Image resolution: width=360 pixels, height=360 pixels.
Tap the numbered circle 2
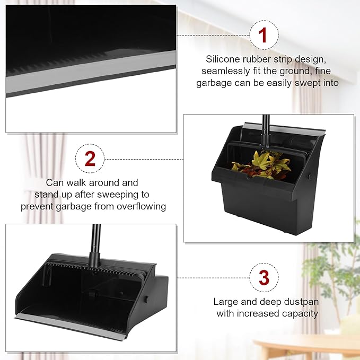(x=90, y=158)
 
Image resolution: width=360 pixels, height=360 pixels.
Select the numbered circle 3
(x=264, y=277)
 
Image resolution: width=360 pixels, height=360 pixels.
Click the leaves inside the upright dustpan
(x=264, y=164)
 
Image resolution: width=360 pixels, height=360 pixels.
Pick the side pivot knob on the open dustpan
(x=145, y=300)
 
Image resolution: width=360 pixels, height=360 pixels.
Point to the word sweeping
(x=131, y=195)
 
